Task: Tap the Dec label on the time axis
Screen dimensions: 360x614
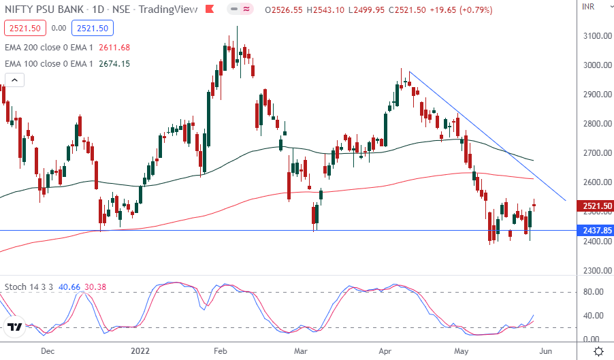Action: click(47, 351)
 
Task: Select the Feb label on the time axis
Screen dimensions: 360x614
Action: click(221, 351)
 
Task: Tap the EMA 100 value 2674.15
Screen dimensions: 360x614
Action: click(114, 63)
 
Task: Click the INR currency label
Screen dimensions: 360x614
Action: click(589, 7)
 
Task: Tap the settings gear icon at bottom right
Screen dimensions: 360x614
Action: click(598, 351)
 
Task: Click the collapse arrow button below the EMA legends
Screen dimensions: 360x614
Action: click(14, 80)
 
